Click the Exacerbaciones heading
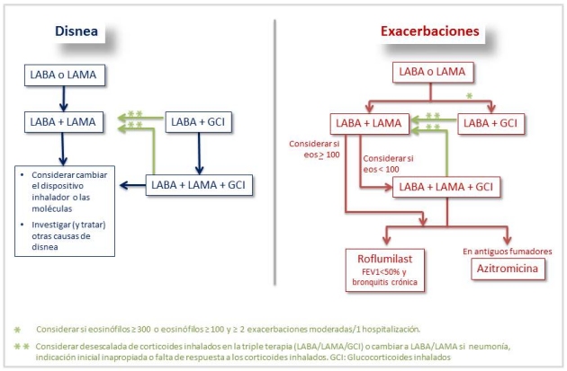429,32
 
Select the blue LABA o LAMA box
61,75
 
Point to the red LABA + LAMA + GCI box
447,187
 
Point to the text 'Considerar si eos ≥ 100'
311,149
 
